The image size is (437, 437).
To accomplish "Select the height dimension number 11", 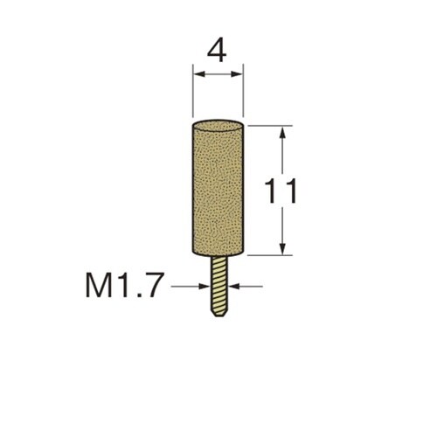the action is pyautogui.click(x=281, y=191).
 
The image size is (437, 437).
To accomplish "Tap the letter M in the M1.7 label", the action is pyautogui.click(x=98, y=286).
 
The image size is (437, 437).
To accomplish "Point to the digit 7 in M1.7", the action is pyautogui.click(x=151, y=286).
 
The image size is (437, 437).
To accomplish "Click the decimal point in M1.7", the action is pyautogui.click(x=138, y=295).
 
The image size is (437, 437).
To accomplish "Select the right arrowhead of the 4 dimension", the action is pyautogui.click(x=237, y=74).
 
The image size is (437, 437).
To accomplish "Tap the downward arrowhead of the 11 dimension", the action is pyautogui.click(x=282, y=248).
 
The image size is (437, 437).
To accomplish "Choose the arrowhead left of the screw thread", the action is pyautogui.click(x=204, y=287).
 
